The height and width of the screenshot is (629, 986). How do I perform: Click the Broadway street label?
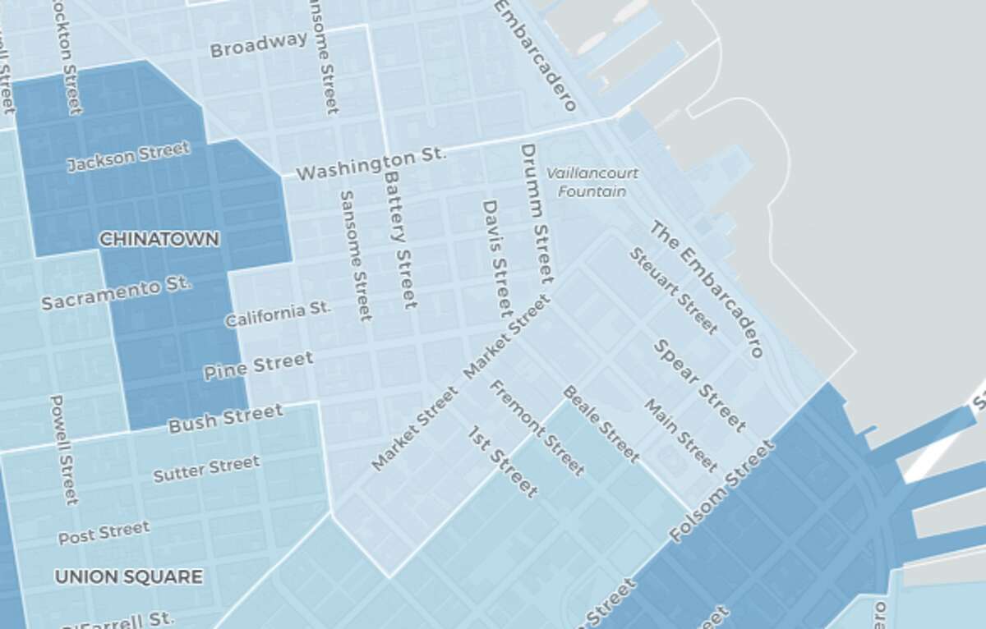pyautogui.click(x=258, y=44)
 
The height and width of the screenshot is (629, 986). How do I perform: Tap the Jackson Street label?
pyautogui.click(x=128, y=156)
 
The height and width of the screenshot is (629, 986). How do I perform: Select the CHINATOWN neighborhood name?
pyautogui.click(x=159, y=240)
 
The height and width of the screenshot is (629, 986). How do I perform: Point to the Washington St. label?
pyautogui.click(x=370, y=164)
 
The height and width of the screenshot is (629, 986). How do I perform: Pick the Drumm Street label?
pyautogui.click(x=535, y=213)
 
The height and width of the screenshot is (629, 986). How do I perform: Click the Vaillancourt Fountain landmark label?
pyautogui.click(x=592, y=182)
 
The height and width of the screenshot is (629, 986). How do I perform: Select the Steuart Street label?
pyautogui.click(x=673, y=290)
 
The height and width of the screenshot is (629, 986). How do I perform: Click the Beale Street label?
pyautogui.click(x=601, y=423)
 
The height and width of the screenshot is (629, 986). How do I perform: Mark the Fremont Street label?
pyautogui.click(x=537, y=427)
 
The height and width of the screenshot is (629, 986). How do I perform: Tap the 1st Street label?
pyautogui.click(x=502, y=461)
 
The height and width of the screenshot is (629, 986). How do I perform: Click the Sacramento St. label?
pyautogui.click(x=116, y=292)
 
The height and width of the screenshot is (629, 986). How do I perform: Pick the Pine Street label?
pyautogui.click(x=258, y=365)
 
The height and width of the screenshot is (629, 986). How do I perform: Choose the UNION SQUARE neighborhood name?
pyautogui.click(x=128, y=577)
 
